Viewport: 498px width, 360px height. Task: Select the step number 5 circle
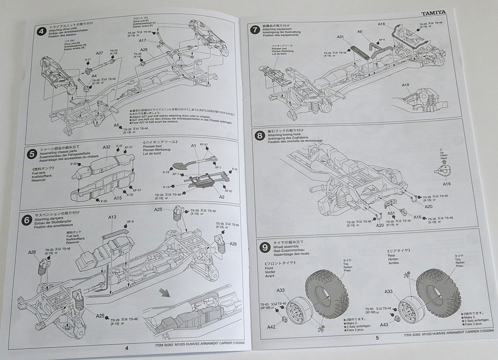tap(31, 154)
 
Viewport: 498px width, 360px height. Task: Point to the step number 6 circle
tap(27, 218)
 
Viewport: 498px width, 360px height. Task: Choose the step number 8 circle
tap(259, 135)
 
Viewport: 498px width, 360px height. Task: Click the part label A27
tap(100, 53)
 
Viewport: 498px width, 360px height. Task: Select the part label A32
tap(106, 148)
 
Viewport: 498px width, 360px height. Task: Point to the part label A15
tap(118, 198)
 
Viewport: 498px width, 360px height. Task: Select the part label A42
tap(271, 328)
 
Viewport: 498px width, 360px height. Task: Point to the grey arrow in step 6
tap(164, 292)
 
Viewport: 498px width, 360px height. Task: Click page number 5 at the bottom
tap(377, 338)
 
